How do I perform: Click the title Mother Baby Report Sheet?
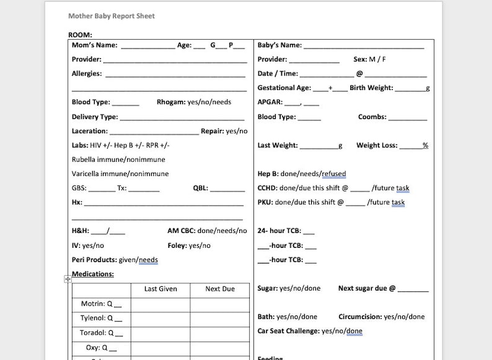pyautogui.click(x=112, y=15)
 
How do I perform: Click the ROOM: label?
pyautogui.click(x=80, y=35)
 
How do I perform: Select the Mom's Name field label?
pyautogui.click(x=94, y=45)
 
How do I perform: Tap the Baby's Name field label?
pyautogui.click(x=279, y=45)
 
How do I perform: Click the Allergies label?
pyautogui.click(x=87, y=74)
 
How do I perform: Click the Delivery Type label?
pyautogui.click(x=95, y=116)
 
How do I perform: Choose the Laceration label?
pyautogui.click(x=90, y=131)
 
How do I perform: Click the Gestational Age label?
pyautogui.click(x=284, y=88)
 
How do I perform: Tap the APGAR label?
pyautogui.click(x=270, y=102)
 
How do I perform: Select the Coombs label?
pyautogui.click(x=372, y=116)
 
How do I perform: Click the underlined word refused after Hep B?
pyautogui.click(x=333, y=174)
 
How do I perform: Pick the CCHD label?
pyautogui.click(x=267, y=188)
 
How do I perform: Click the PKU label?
pyautogui.click(x=265, y=203)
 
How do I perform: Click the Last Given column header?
pyautogui.click(x=160, y=289)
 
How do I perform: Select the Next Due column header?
pyautogui.click(x=220, y=289)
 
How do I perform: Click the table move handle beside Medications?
pyautogui.click(x=68, y=279)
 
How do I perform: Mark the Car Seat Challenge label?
pyautogui.click(x=288, y=331)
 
